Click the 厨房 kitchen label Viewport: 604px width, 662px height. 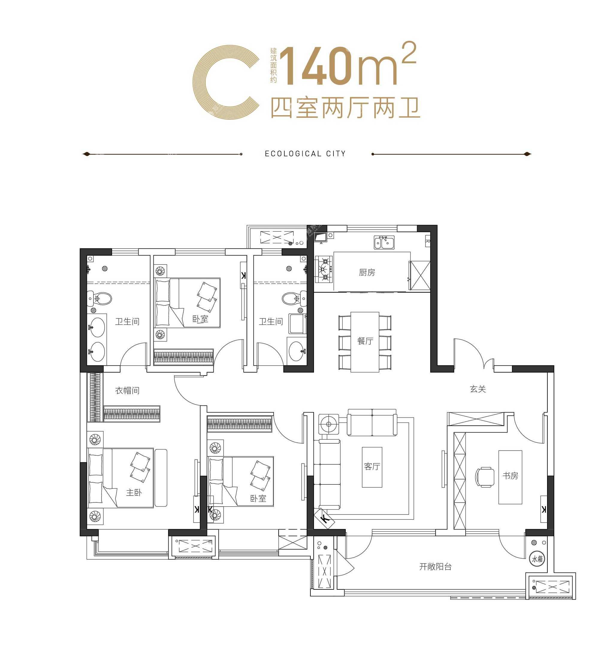click(367, 272)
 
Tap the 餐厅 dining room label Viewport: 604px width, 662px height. click(365, 341)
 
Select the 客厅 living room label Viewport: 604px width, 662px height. click(372, 466)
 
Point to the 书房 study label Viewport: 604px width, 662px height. click(510, 475)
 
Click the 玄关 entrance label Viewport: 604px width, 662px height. click(478, 389)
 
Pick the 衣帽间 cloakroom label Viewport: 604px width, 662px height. click(127, 391)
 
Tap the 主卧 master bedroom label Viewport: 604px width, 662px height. click(134, 492)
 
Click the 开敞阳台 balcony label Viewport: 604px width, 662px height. click(435, 566)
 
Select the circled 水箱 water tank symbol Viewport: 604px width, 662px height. click(537, 559)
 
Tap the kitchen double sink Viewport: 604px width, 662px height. click(384, 242)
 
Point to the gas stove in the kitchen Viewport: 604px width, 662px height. click(324, 269)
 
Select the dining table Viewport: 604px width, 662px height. click(365, 342)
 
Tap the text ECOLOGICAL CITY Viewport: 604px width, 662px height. click(305, 154)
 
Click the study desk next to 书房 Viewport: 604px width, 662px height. click(510, 477)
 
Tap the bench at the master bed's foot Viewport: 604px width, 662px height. click(161, 478)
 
